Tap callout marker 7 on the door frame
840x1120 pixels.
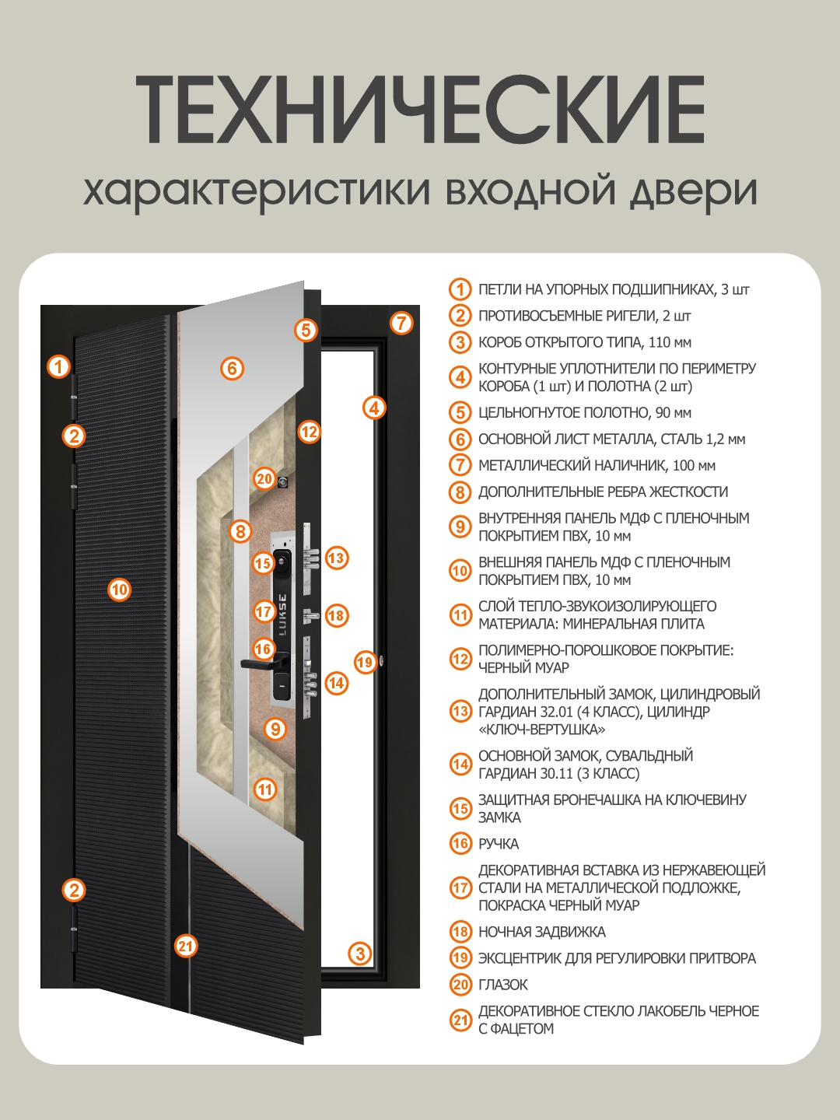click(401, 322)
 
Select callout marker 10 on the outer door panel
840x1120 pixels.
click(119, 590)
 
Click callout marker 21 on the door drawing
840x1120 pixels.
click(185, 946)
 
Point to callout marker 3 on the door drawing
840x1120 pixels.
click(359, 954)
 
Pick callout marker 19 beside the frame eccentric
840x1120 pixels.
click(365, 662)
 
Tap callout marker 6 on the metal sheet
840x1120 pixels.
click(232, 368)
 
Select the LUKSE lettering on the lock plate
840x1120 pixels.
click(282, 614)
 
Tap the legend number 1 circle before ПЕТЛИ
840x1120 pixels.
click(460, 289)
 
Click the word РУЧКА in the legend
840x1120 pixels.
click(499, 844)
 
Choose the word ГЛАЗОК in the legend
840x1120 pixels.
click(503, 985)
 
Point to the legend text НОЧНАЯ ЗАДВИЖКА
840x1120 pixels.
click(541, 932)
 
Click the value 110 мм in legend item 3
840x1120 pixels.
click(670, 342)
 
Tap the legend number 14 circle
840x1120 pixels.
click(460, 765)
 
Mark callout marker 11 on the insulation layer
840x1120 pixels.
click(265, 789)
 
